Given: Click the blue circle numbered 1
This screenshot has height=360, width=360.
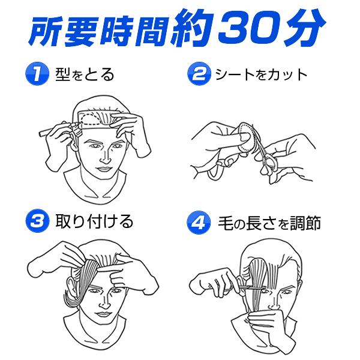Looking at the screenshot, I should [x=35, y=76].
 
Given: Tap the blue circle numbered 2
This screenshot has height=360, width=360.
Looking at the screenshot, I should [x=197, y=76].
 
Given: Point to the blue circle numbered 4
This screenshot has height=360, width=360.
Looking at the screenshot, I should [x=197, y=223].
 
